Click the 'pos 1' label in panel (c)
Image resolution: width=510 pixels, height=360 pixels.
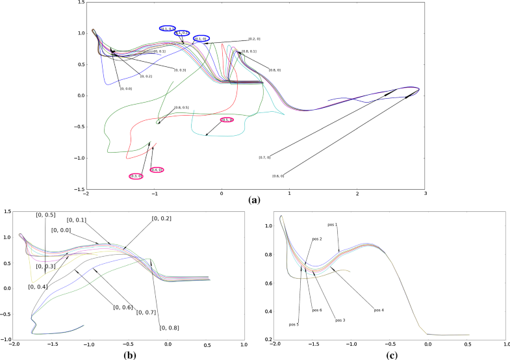point(332,225)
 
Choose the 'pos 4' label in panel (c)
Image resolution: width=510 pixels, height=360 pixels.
point(379,310)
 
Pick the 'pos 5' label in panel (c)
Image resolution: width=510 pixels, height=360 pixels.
point(294,324)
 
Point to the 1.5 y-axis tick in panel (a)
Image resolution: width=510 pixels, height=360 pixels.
point(80,3)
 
